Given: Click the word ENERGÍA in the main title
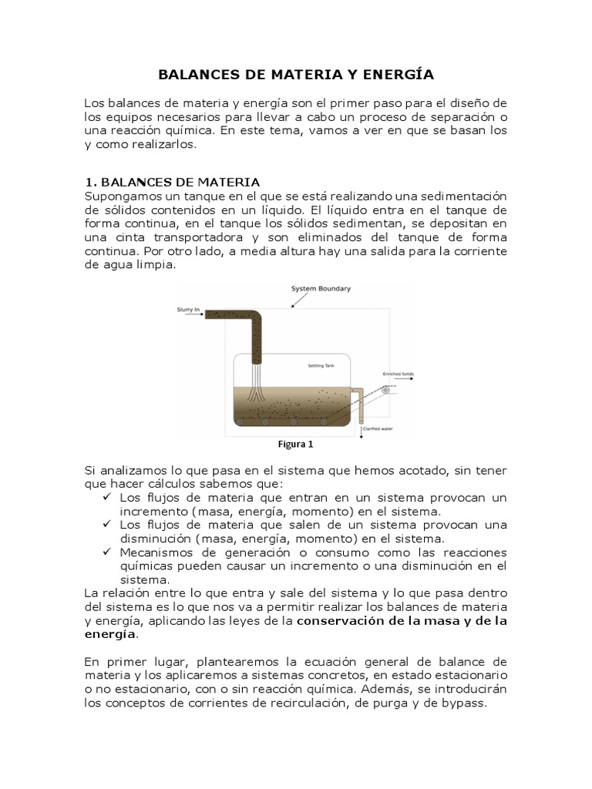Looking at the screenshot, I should coord(395,75).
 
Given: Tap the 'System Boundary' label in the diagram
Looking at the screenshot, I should coord(321,289).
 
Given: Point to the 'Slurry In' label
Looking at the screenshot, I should coord(187,311).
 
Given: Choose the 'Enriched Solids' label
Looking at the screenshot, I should coord(399,374).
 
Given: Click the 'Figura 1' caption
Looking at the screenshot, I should coord(296,444).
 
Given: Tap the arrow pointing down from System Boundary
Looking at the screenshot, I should coord(294,300).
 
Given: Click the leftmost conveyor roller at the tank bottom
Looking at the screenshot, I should coord(240,421).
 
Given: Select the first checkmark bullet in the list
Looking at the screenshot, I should coord(108,497).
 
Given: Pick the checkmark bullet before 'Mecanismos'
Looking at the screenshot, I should coord(108,552).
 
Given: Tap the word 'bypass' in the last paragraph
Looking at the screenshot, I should coord(467,703).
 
